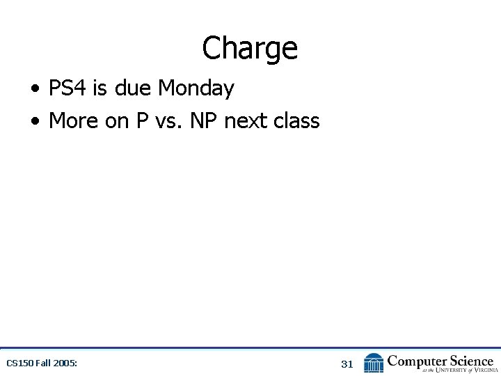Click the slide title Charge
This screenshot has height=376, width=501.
click(250, 49)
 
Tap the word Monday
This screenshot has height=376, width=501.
click(196, 88)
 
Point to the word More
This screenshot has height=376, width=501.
click(74, 120)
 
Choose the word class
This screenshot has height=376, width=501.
click(296, 120)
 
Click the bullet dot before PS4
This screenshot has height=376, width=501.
click(35, 89)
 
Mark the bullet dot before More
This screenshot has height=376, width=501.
click(35, 121)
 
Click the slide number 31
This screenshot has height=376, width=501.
click(347, 363)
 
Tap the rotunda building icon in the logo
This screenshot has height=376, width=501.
click(374, 363)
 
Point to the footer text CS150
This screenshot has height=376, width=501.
click(19, 363)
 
